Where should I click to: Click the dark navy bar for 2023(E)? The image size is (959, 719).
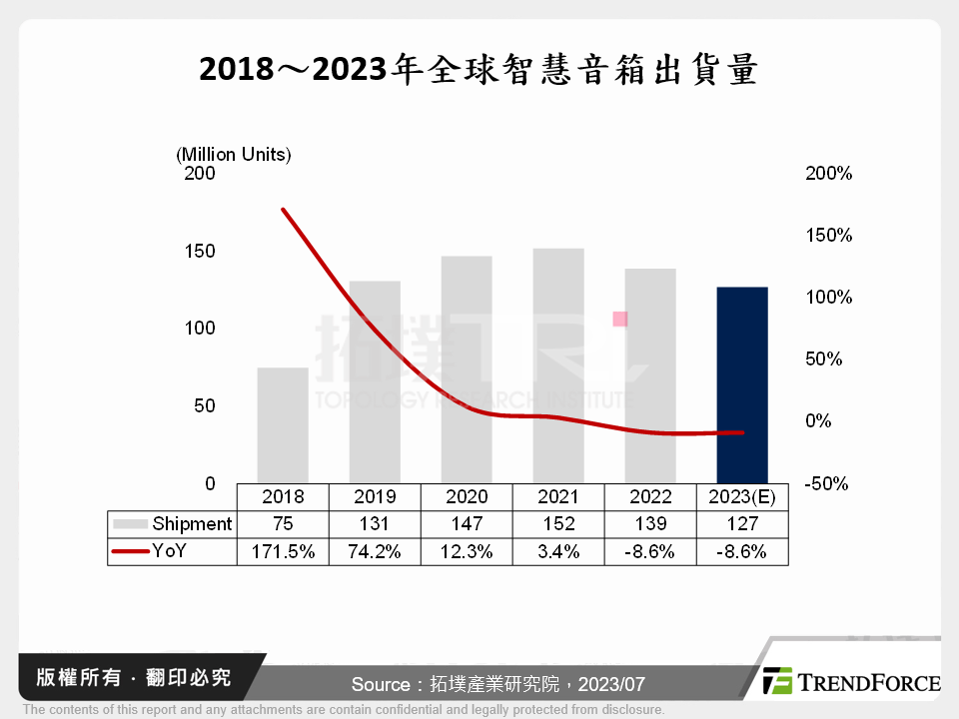click(x=742, y=384)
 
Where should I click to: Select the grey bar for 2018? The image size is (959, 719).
click(x=283, y=425)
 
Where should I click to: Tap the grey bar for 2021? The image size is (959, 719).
click(x=558, y=365)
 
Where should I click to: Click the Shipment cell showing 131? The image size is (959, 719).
click(x=375, y=523)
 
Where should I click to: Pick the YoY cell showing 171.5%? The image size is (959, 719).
click(x=283, y=550)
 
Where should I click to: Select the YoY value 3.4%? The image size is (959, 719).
click(x=558, y=550)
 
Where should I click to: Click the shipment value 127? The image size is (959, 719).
click(x=742, y=523)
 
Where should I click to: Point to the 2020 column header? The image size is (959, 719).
click(x=467, y=496)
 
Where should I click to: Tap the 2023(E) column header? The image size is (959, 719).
click(x=742, y=496)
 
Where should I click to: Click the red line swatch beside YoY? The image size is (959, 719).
click(x=130, y=550)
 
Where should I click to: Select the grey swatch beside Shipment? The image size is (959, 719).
click(x=130, y=523)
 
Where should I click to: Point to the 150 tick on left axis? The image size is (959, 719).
click(x=200, y=251)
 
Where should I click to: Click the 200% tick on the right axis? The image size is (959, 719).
click(x=828, y=174)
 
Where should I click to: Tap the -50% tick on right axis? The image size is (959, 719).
click(x=828, y=483)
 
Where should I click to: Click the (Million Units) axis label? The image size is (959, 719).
click(x=234, y=155)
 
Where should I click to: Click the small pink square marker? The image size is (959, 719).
click(x=619, y=319)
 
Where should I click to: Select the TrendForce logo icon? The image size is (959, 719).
click(x=778, y=681)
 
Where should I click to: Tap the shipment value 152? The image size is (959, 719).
click(x=558, y=523)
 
